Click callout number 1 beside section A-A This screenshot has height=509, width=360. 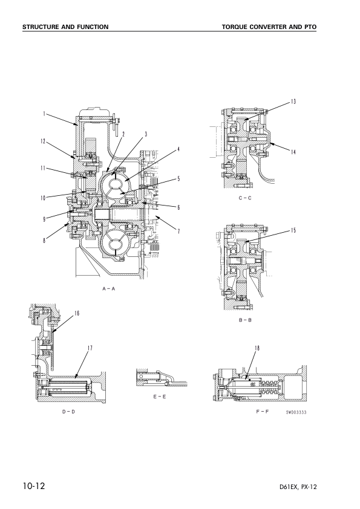click(x=44, y=114)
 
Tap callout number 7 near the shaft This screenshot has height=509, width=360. click(x=178, y=232)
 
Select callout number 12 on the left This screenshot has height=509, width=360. click(x=43, y=141)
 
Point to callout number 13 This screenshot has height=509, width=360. click(x=293, y=102)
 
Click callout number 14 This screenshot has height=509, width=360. click(x=293, y=152)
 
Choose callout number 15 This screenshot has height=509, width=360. click(x=293, y=230)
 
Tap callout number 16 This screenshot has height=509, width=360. click(x=77, y=313)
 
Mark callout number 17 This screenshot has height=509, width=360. click(x=90, y=348)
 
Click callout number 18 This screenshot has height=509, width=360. click(x=257, y=348)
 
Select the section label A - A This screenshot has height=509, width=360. click(x=108, y=288)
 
